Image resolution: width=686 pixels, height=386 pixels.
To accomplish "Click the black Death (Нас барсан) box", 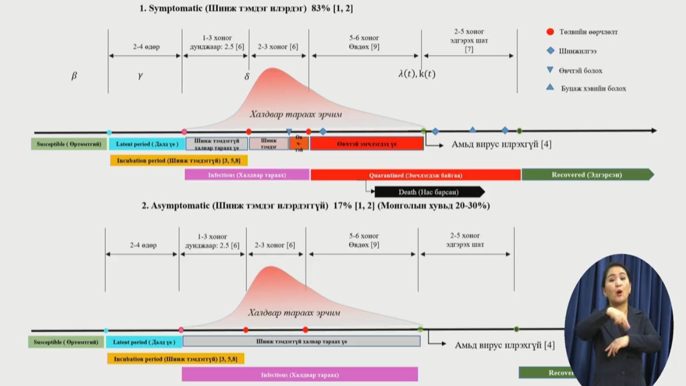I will tap(429, 192).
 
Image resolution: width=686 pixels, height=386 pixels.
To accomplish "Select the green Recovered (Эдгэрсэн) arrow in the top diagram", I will tap(586, 175).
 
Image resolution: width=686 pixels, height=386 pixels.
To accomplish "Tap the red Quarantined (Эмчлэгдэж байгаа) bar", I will tap(415, 175).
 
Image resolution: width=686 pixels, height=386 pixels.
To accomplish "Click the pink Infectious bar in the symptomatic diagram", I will tap(247, 175).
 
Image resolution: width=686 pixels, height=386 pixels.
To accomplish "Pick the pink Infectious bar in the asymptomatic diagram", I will tap(300, 374).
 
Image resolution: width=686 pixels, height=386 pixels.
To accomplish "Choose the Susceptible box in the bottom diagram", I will tap(66, 342).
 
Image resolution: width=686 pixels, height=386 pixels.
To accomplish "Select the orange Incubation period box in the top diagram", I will tap(178, 161).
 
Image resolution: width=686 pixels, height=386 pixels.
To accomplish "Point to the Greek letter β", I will tap(74, 76).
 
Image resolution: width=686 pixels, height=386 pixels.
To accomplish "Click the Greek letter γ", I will tap(140, 76).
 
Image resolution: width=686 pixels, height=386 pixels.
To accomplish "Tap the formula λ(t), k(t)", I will tap(417, 74).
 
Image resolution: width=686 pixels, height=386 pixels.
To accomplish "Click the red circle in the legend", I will tap(550, 32).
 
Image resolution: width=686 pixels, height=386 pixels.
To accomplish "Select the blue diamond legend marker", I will tap(550, 50).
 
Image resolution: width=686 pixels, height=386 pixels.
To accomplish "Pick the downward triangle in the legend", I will tap(550, 70).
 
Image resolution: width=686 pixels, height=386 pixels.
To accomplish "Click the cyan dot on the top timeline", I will tap(109, 132).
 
